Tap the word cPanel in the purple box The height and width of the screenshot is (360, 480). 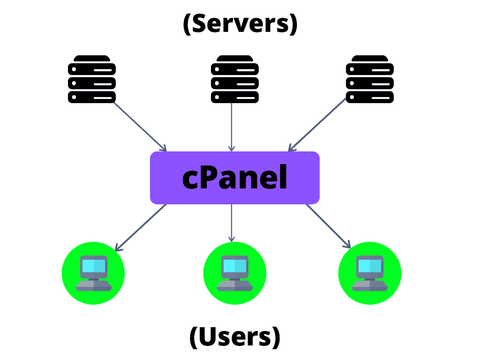coord(235,178)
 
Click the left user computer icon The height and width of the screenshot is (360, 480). coord(93,273)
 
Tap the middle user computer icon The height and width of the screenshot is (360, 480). coord(234,273)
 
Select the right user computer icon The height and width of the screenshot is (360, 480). coord(370,273)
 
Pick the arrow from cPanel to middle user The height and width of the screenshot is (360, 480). coord(232,223)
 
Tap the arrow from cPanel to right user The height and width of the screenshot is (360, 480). coord(328,226)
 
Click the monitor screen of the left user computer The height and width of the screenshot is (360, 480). coord(93,266)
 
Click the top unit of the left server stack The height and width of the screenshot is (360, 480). coord(92,69)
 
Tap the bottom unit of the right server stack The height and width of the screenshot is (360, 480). coord(369,97)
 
